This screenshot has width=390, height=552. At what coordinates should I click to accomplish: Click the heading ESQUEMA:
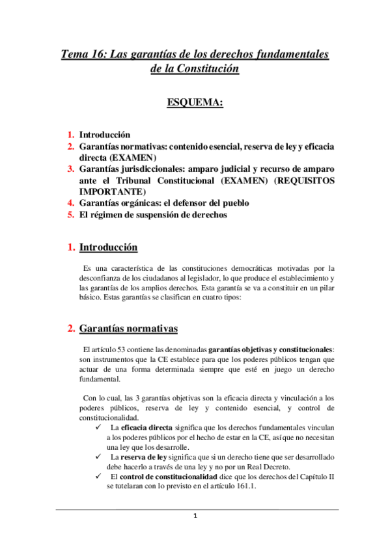(x=195, y=103)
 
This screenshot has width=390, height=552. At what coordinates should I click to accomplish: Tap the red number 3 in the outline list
(x=72, y=169)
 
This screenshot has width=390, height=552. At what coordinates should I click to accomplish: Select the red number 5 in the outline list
(x=72, y=215)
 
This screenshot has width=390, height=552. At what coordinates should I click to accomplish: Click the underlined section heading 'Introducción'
(x=108, y=248)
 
